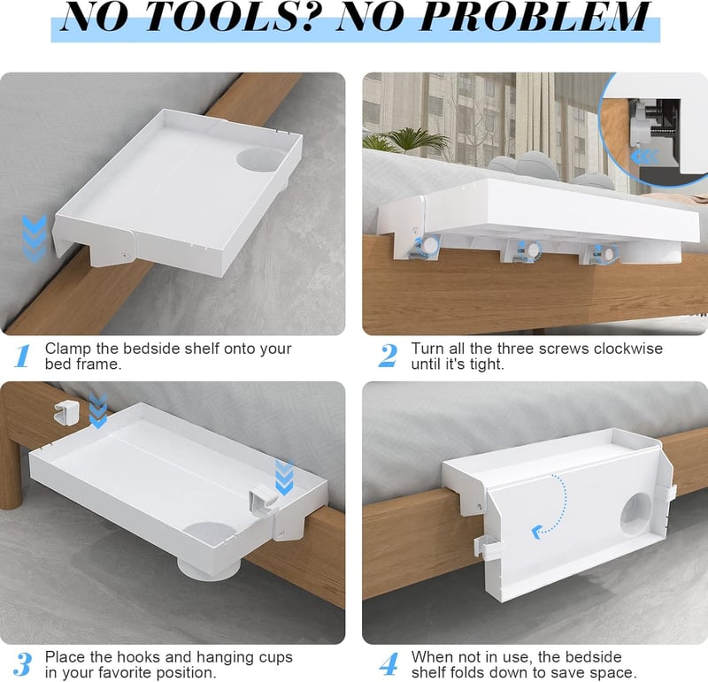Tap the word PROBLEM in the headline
tap(535, 17)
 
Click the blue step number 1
tap(22, 356)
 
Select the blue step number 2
tap(388, 356)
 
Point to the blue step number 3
tap(22, 664)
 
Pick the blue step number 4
tap(389, 664)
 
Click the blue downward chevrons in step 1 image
tap(34, 239)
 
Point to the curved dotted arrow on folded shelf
tap(552, 505)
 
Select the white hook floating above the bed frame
tap(65, 412)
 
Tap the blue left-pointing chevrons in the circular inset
tap(645, 157)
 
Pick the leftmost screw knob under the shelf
tap(429, 246)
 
